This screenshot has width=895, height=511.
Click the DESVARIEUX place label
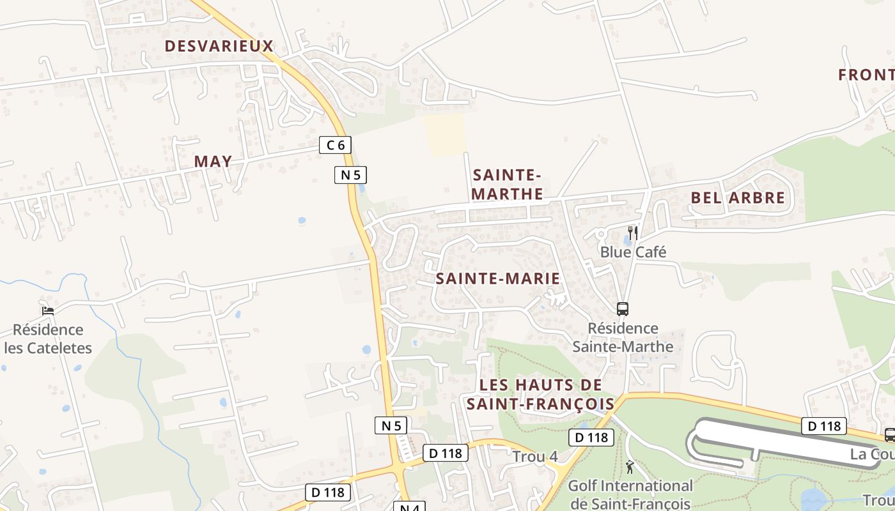(x=219, y=46)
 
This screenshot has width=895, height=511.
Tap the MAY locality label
(x=213, y=161)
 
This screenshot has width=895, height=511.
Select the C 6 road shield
(x=336, y=145)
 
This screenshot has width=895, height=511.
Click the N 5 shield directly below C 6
(x=350, y=174)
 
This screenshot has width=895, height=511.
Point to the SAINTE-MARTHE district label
(x=508, y=184)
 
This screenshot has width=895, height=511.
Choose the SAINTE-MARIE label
(x=498, y=278)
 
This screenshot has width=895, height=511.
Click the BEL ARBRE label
(x=738, y=198)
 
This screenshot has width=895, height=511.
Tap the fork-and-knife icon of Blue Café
(x=633, y=233)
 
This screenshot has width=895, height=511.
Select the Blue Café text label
(x=633, y=252)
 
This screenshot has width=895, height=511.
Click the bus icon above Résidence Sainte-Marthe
(x=623, y=309)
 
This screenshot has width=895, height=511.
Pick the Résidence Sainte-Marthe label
(x=623, y=337)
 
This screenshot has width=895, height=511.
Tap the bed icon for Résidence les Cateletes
(x=48, y=311)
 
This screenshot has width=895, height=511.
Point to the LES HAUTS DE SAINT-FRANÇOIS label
(x=540, y=394)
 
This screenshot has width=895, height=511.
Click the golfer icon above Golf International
(x=630, y=467)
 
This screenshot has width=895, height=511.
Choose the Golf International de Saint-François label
(x=630, y=495)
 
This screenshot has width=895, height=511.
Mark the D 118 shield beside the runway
(x=824, y=425)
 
